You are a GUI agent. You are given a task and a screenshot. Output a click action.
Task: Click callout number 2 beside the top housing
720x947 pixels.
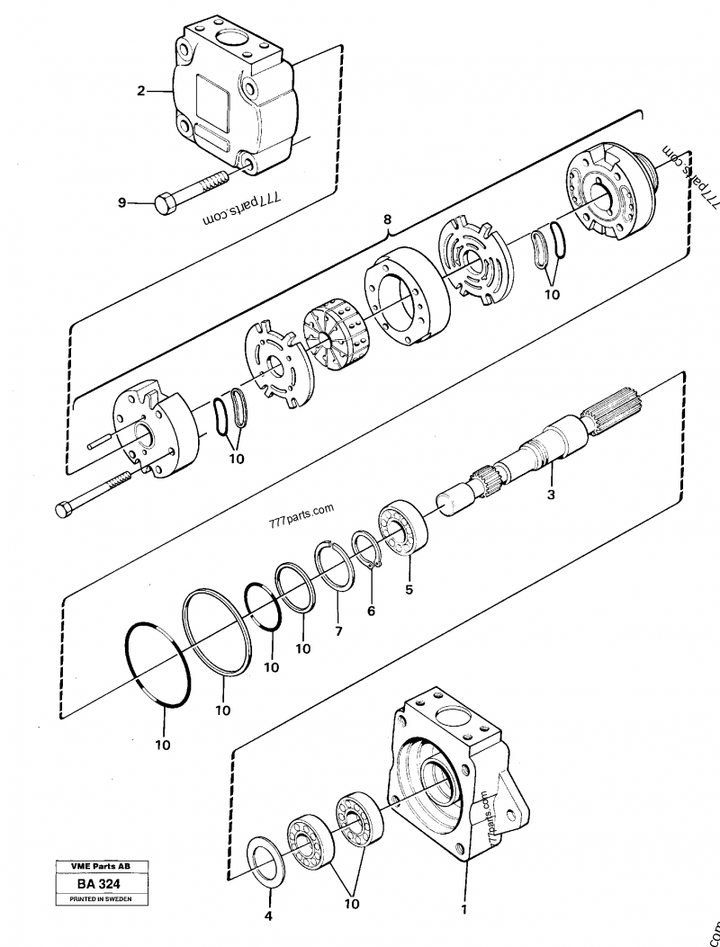[x=141, y=91]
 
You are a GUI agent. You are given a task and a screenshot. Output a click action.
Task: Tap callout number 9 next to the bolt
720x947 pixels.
[x=122, y=203]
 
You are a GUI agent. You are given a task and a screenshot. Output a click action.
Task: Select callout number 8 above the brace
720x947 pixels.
[x=388, y=219]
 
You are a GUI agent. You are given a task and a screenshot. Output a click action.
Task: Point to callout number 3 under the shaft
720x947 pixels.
[x=551, y=496]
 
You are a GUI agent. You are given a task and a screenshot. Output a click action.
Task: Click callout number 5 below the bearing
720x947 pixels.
[x=409, y=589]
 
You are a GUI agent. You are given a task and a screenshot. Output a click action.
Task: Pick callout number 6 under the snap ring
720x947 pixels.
[x=371, y=611]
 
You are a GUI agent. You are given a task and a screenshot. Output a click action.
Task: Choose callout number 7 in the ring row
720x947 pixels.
[x=338, y=631]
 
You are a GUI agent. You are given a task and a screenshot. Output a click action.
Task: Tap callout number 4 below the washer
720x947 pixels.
[x=268, y=916]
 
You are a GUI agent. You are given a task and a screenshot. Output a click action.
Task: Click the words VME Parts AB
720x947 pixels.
[x=101, y=866]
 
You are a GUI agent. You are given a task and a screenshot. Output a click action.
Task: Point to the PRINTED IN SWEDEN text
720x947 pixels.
[x=101, y=898]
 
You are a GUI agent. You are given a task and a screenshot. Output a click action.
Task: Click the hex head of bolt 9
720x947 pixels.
[x=166, y=202]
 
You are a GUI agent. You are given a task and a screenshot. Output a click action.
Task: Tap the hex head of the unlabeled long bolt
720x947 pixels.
[x=64, y=509]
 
